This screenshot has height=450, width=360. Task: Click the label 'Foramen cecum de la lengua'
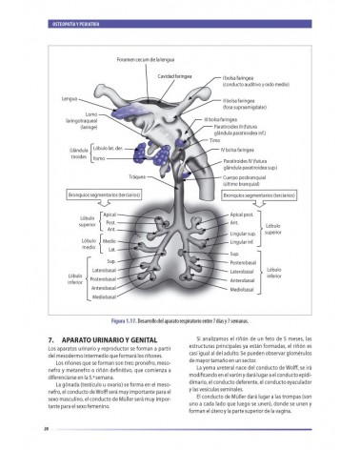coord(156,58)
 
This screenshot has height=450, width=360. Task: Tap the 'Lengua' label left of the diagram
coord(69,98)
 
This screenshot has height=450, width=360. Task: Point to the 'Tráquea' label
coord(139,177)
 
